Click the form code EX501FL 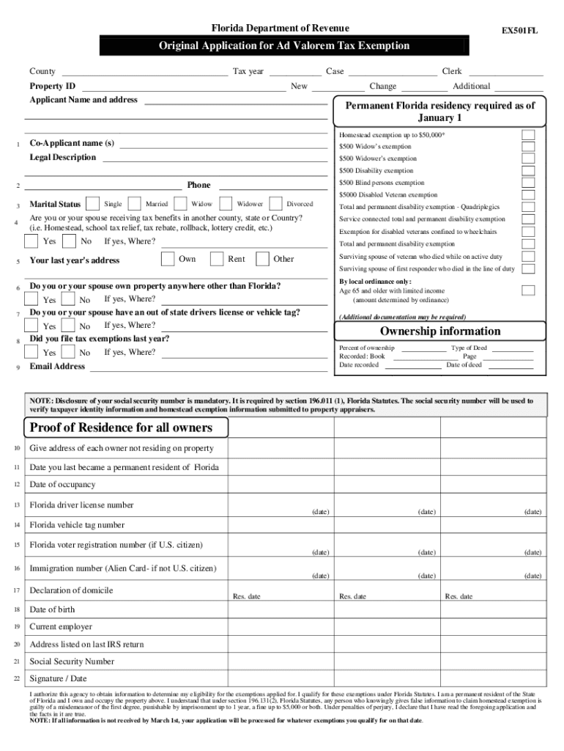point(519,31)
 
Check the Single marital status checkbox point(94,204)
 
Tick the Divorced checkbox point(276,204)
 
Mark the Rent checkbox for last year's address point(217,258)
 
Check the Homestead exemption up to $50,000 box point(527,135)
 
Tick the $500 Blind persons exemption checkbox point(527,183)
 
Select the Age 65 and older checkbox point(527,290)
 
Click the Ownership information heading point(439,331)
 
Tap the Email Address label point(57,367)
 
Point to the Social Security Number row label point(72,662)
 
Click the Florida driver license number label point(81,505)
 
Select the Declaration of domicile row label point(71,590)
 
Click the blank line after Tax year point(295,73)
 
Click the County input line point(144,73)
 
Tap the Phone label point(198,186)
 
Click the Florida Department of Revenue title point(281,29)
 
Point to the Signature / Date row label point(58,679)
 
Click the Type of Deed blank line point(511,349)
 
